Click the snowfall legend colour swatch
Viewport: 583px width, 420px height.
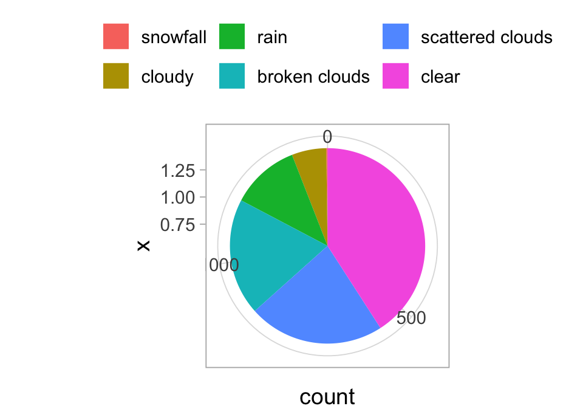[116, 36]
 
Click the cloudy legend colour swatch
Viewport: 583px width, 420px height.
[116, 76]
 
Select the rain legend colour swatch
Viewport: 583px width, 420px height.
[232, 36]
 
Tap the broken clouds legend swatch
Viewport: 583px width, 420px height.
[232, 76]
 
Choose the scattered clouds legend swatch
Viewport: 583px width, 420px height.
[395, 36]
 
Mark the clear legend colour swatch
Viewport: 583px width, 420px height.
[395, 76]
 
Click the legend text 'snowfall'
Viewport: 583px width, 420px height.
[174, 37]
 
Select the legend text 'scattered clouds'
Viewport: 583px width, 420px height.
[486, 37]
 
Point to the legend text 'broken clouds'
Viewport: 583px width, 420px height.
[313, 77]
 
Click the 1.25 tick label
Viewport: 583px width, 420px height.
[178, 171]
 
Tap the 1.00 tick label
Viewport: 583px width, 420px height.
[178, 198]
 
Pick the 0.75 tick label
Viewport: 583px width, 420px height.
[178, 225]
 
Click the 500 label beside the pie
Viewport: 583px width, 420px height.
[411, 318]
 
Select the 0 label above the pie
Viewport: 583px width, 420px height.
[327, 137]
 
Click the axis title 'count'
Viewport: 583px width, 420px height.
[327, 397]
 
